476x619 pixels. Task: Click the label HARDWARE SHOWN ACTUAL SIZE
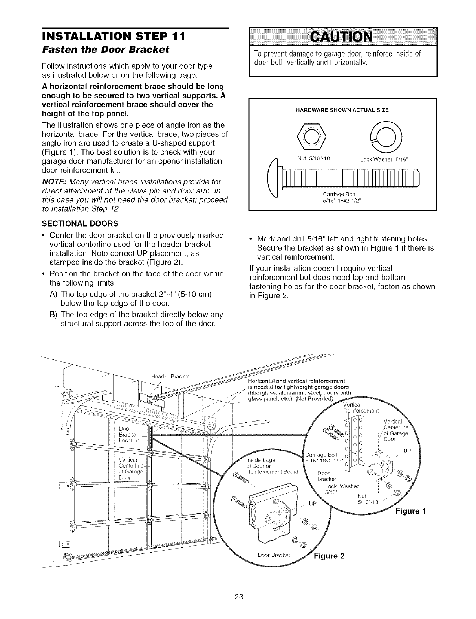pyautogui.click(x=342, y=110)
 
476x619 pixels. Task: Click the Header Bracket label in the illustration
pyautogui.click(x=170, y=376)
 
